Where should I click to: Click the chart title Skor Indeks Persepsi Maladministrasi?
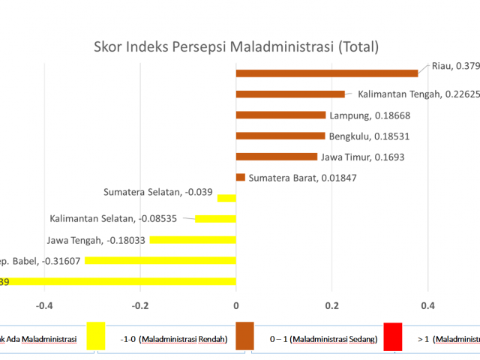click(x=236, y=47)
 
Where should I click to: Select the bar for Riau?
click(x=327, y=73)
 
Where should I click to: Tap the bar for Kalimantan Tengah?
click(x=290, y=94)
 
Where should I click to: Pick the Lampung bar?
click(x=280, y=115)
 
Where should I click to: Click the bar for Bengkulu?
click(x=280, y=136)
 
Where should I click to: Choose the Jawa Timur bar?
click(x=277, y=156)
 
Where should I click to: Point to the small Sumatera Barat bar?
click(x=241, y=177)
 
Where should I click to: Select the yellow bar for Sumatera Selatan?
click(x=226, y=198)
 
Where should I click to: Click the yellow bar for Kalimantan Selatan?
click(x=216, y=219)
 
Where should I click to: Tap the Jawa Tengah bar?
click(x=193, y=240)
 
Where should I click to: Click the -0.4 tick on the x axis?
click(x=44, y=305)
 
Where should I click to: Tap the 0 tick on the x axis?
click(x=236, y=305)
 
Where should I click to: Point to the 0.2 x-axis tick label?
click(x=332, y=305)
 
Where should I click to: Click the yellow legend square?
click(x=96, y=336)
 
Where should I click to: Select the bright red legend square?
click(x=393, y=336)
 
